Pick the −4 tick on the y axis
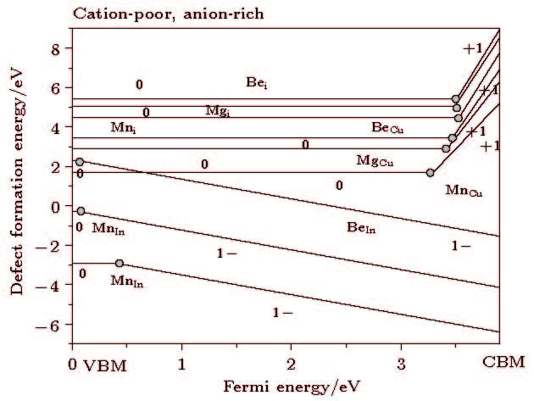point(53,286)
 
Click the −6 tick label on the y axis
point(53,326)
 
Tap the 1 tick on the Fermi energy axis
point(181,362)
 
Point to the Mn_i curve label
point(124,127)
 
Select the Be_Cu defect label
point(389,128)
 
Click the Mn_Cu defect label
point(464,192)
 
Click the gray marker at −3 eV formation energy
point(120,264)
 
